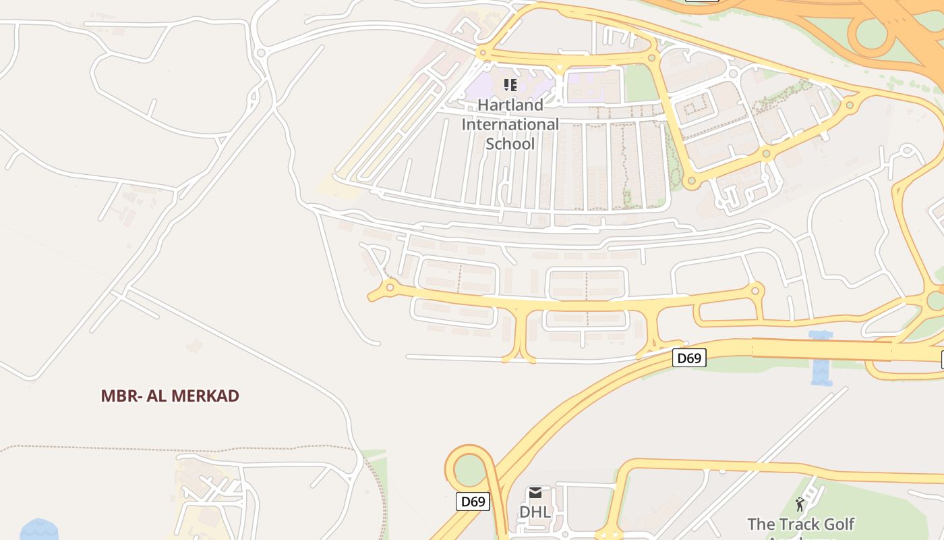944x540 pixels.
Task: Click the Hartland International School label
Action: [x=510, y=124]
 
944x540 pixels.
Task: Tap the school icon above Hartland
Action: [x=510, y=85]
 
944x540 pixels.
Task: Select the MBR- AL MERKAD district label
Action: [x=170, y=396]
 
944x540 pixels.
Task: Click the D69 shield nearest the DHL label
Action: [x=473, y=502]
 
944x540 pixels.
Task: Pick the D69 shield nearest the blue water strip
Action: [x=689, y=358]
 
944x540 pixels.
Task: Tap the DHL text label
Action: [x=535, y=512]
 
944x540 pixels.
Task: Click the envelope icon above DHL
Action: [x=535, y=493]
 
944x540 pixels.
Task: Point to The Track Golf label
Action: [x=801, y=524]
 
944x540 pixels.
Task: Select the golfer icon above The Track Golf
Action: [x=800, y=504]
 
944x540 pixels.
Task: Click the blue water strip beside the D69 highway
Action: [x=821, y=358]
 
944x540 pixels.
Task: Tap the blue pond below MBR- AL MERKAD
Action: [x=38, y=529]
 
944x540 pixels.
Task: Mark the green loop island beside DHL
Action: [x=470, y=470]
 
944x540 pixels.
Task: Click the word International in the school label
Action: [x=510, y=124]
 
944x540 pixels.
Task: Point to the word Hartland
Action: [x=510, y=105]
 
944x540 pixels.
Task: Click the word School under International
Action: [x=510, y=144]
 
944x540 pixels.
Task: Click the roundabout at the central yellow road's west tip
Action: [x=389, y=288]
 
